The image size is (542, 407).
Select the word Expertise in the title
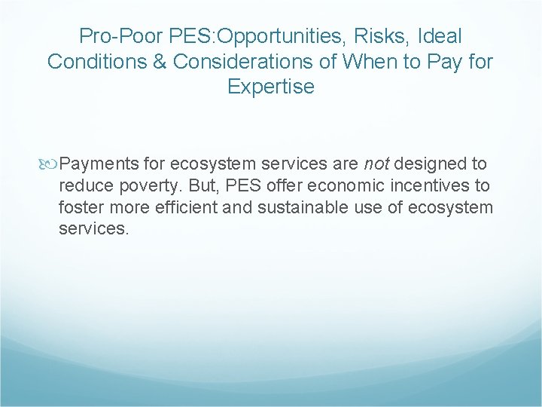click(x=271, y=87)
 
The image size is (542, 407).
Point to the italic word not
click(x=377, y=164)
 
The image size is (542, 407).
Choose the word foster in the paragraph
click(x=81, y=207)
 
